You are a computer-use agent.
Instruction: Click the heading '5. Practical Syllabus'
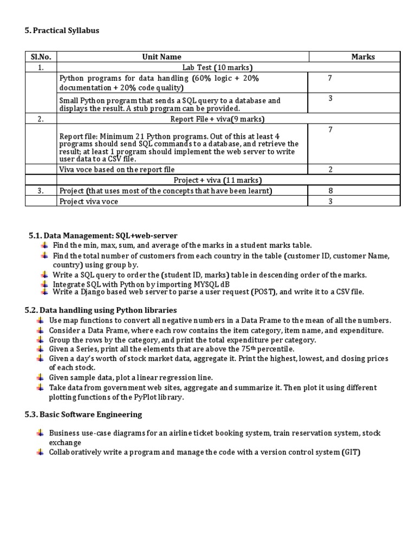tap(62, 31)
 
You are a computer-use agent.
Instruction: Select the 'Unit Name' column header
tap(161, 56)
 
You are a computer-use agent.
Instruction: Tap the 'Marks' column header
tap(363, 56)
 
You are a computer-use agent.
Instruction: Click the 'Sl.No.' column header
tap(41, 56)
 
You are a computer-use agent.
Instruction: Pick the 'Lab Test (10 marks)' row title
tap(217, 67)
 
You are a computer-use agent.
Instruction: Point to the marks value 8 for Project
tap(330, 191)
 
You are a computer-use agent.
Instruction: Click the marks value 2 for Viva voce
tap(330, 170)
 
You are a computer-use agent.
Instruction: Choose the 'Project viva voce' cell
tap(88, 201)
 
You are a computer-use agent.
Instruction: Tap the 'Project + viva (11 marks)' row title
tap(217, 180)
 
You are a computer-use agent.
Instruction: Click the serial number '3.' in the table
tap(41, 191)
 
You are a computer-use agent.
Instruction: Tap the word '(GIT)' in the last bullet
tap(350, 452)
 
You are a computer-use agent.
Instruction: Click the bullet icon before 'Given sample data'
tap(40, 377)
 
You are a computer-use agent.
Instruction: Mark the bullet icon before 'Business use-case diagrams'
tap(40, 434)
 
